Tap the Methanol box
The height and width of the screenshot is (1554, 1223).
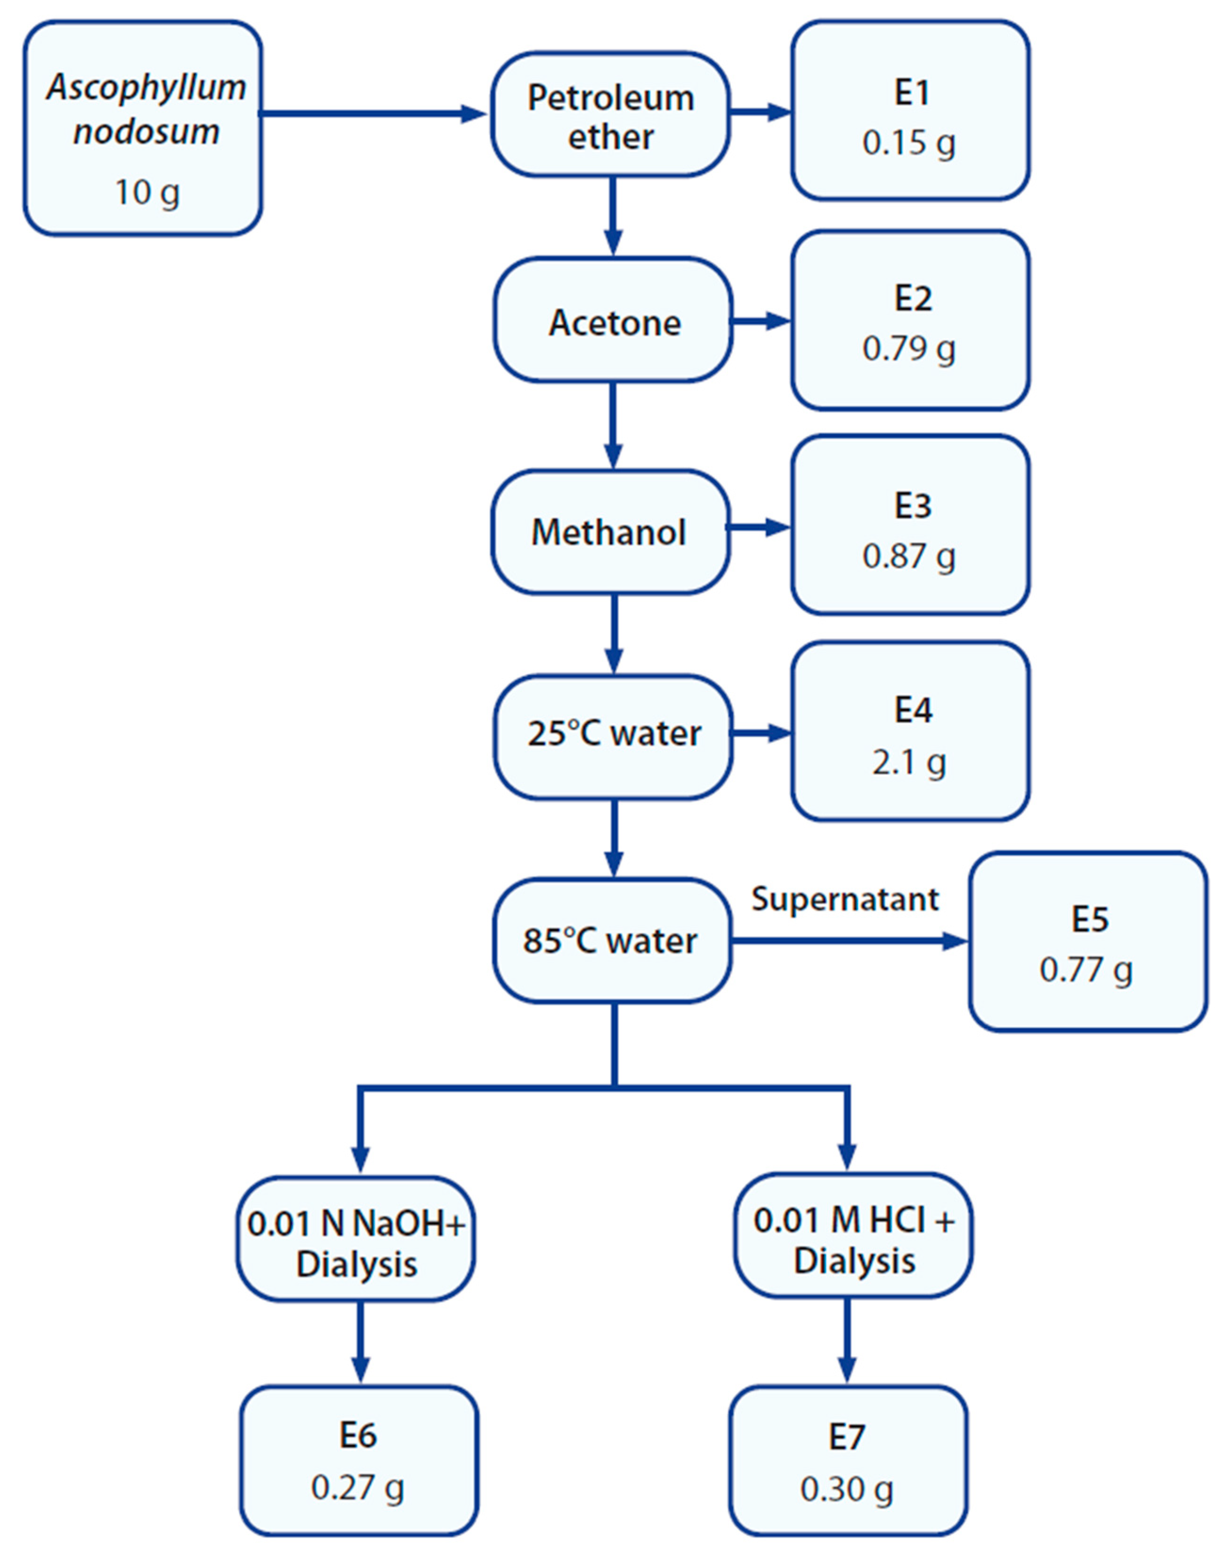tap(610, 532)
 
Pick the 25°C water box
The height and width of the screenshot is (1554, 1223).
tap(613, 735)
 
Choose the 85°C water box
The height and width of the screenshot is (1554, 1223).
tap(611, 941)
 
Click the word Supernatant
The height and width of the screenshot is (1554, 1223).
tap(844, 899)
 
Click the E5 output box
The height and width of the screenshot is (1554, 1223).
tap(1088, 941)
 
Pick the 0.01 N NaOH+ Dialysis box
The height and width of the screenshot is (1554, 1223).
tap(356, 1243)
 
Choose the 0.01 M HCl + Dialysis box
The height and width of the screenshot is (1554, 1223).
tap(853, 1240)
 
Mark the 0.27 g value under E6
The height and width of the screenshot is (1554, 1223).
tap(357, 1488)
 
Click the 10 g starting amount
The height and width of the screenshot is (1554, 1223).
tap(147, 192)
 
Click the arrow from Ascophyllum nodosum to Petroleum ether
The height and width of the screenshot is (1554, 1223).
tap(373, 113)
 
